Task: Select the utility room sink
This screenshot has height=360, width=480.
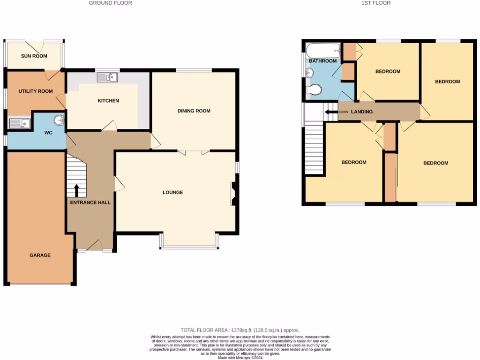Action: [19, 124]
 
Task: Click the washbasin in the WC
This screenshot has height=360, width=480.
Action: [60, 121]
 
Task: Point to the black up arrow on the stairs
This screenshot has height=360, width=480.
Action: [77, 190]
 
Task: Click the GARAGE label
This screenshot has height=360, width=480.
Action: [40, 255]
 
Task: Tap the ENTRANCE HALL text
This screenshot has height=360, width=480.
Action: [90, 203]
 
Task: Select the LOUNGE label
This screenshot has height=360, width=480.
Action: [172, 193]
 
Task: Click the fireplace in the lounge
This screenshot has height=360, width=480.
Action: [232, 194]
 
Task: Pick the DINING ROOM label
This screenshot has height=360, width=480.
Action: [194, 111]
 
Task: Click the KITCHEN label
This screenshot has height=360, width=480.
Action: [108, 101]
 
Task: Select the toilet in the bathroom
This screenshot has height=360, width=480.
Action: [314, 89]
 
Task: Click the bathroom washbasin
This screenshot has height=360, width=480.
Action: [310, 73]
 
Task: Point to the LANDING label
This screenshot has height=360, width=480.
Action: [362, 112]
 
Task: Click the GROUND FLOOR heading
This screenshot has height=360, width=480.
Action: [110, 3]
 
